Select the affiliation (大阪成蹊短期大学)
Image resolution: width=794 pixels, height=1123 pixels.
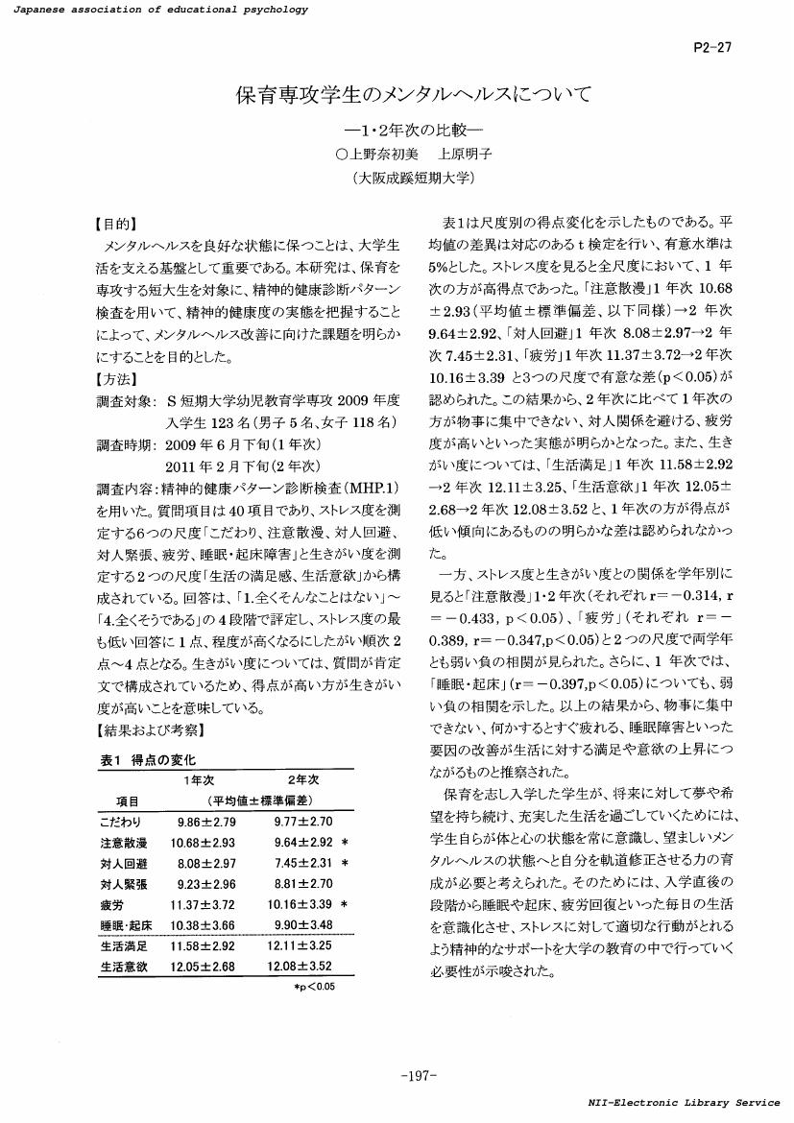coord(413,177)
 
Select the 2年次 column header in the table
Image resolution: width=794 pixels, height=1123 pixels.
coord(302,779)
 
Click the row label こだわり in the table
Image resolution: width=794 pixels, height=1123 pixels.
coord(120,822)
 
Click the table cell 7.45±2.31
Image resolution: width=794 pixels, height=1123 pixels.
coord(303,863)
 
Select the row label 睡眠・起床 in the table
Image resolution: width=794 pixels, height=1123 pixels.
coord(123,924)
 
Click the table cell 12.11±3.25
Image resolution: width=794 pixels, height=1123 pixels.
coord(303,947)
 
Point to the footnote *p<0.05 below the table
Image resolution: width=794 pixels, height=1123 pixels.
coord(314,986)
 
